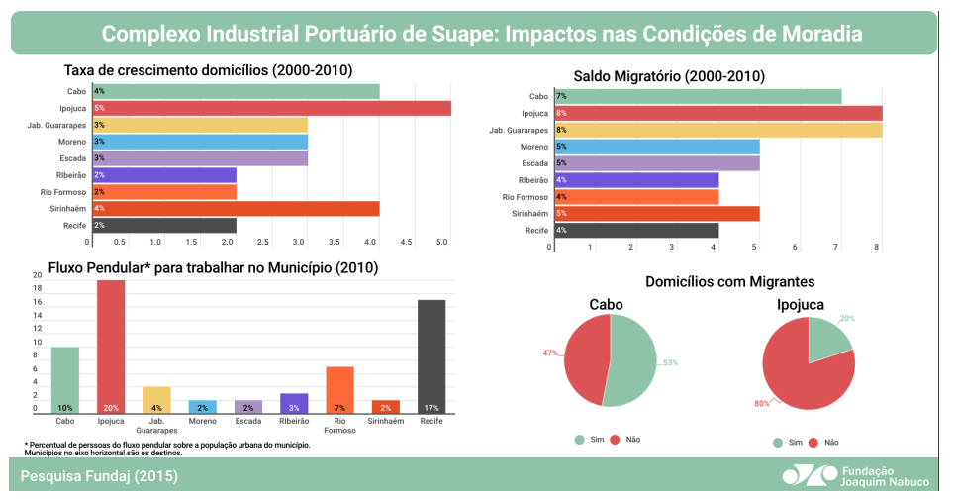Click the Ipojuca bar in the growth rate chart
click(271, 108)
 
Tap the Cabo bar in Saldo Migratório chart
click(697, 96)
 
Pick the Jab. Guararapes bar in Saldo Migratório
click(717, 130)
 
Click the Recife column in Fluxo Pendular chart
click(430, 356)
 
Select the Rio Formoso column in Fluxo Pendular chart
click(339, 390)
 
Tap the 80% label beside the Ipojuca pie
click(761, 403)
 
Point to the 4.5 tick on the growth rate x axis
click(406, 241)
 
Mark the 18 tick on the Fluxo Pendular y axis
click(38, 288)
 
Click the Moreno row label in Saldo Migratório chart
click(534, 147)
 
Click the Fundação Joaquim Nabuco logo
click(855, 476)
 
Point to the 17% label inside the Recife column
click(430, 408)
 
